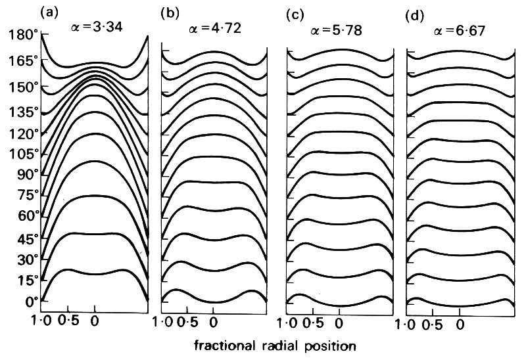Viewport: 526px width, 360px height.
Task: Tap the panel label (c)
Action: pos(294,12)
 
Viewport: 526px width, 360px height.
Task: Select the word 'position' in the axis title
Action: pos(332,344)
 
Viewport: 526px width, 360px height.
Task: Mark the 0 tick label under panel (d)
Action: pos(462,324)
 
